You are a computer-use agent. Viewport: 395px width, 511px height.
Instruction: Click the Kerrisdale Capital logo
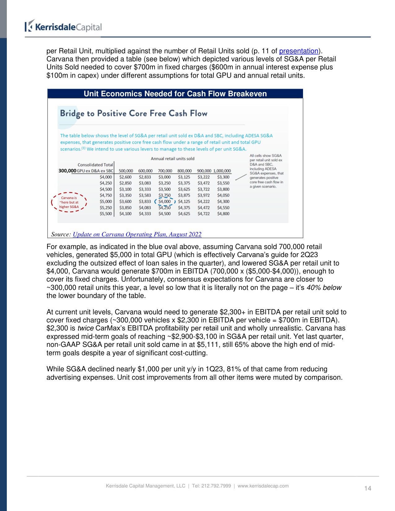[64, 27]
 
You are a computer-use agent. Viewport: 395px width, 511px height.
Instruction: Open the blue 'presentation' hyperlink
[299, 51]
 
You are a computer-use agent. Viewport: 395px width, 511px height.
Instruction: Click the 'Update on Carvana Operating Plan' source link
[137, 234]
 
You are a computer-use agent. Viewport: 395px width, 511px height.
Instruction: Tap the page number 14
[367, 488]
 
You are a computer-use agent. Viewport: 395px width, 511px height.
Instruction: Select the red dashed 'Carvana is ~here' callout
[69, 202]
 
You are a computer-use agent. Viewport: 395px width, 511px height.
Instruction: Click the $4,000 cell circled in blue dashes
[165, 202]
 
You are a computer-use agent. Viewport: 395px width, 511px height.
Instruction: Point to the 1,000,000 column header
[222, 171]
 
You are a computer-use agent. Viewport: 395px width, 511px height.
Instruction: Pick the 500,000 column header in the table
[126, 171]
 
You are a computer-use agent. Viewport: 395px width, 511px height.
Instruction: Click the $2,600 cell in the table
[125, 177]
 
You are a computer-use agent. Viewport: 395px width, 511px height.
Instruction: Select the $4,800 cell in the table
[223, 214]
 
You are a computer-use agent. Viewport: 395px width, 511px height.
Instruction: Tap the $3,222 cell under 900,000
[204, 177]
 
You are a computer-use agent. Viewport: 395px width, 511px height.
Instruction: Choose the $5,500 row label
[106, 214]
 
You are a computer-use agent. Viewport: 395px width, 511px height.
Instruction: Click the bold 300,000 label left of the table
[67, 171]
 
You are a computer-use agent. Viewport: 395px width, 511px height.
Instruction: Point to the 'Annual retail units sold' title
[173, 159]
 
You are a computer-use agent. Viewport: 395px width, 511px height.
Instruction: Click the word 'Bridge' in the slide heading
[72, 114]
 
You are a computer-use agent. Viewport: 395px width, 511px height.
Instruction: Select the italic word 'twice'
[85, 328]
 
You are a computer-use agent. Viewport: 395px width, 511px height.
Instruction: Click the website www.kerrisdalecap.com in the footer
[263, 486]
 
